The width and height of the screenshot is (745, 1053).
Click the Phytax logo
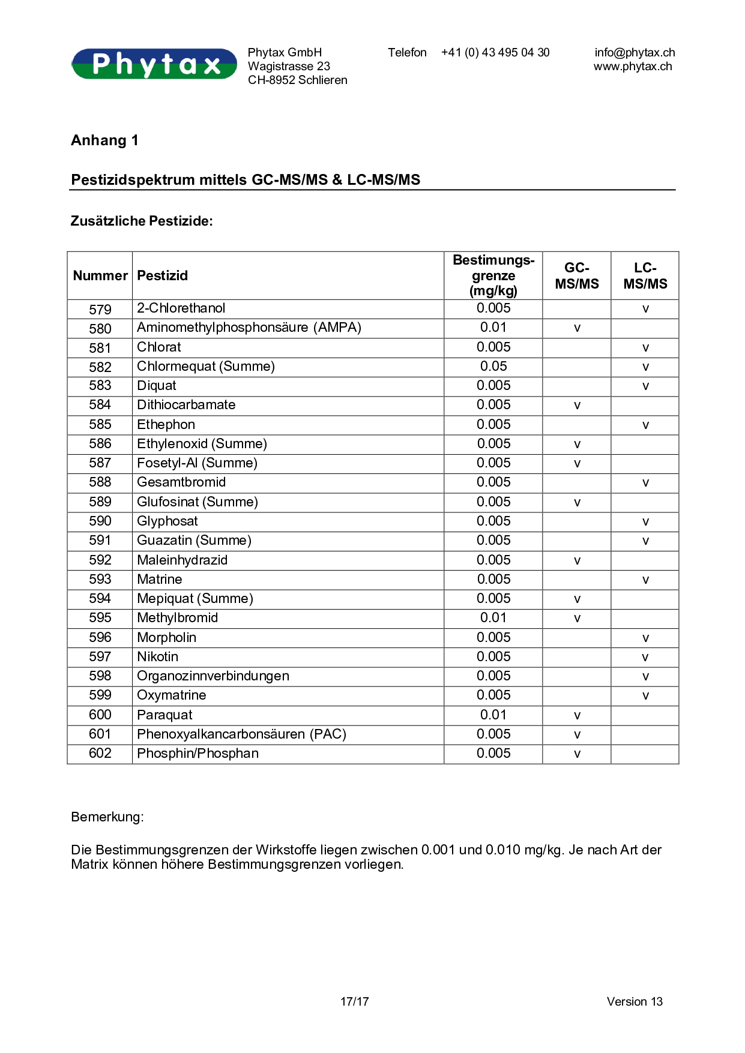click(x=154, y=64)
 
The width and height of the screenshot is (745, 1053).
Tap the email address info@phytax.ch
click(x=635, y=53)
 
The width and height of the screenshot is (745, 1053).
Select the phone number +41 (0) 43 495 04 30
click(x=495, y=53)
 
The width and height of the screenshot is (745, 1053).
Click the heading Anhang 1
click(x=104, y=140)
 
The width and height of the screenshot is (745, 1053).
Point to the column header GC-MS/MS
click(x=576, y=276)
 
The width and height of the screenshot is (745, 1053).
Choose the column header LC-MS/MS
click(x=645, y=276)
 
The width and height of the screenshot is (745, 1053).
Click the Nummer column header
click(x=100, y=276)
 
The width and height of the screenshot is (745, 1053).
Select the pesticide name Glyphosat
click(x=167, y=521)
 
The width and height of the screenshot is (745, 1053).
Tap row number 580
click(x=100, y=329)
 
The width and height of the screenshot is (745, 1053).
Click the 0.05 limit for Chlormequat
click(x=493, y=367)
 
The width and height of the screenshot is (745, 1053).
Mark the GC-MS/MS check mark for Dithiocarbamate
click(x=577, y=406)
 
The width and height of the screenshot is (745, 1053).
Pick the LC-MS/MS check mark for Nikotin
click(x=645, y=658)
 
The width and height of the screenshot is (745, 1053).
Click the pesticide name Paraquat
click(x=164, y=715)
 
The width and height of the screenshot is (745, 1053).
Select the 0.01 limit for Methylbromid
click(x=493, y=618)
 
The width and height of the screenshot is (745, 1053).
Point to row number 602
click(x=100, y=754)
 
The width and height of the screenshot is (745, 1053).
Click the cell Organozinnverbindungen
click(x=213, y=676)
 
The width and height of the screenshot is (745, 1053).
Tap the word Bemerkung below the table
click(x=107, y=817)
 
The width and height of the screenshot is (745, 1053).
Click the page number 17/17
click(x=354, y=1001)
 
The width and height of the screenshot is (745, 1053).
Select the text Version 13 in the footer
click(x=635, y=1001)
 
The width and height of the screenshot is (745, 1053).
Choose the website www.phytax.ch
click(x=633, y=67)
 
